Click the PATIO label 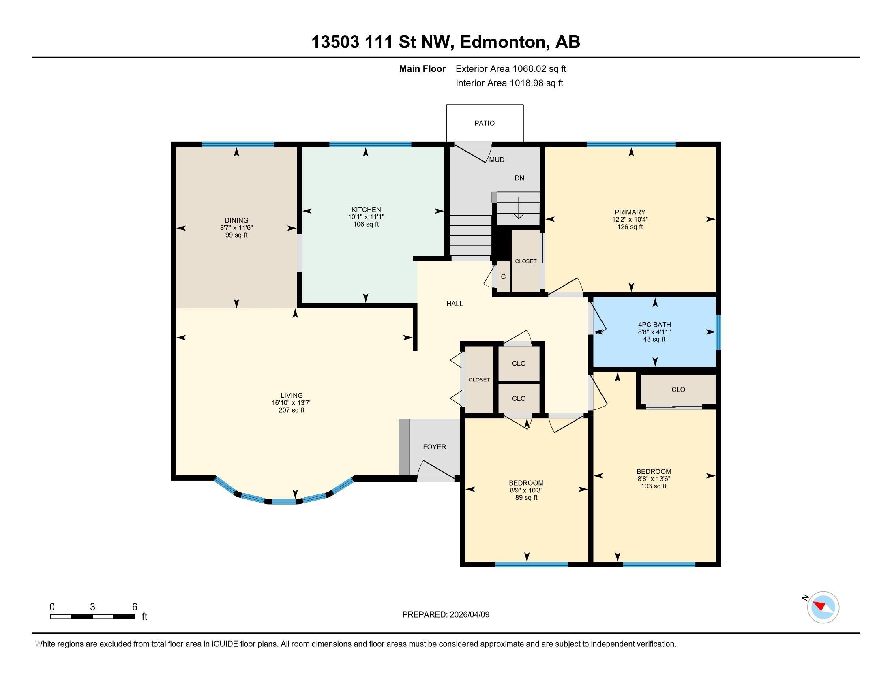tap(485, 123)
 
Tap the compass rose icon tap(823, 607)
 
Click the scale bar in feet tap(93, 616)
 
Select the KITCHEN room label tap(366, 210)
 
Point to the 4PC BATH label tap(654, 325)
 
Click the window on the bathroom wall tap(718, 332)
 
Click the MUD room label tap(497, 160)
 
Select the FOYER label tap(434, 447)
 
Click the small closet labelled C tap(503, 277)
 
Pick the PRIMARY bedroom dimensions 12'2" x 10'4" tap(630, 219)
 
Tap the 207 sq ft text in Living tap(291, 410)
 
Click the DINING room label tap(236, 220)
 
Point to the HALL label tap(455, 304)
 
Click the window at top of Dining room tap(238, 144)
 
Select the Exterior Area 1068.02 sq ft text tap(510, 68)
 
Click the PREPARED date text tap(446, 614)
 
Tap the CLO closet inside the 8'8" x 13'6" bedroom tap(678, 389)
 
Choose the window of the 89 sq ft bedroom tap(531, 565)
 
